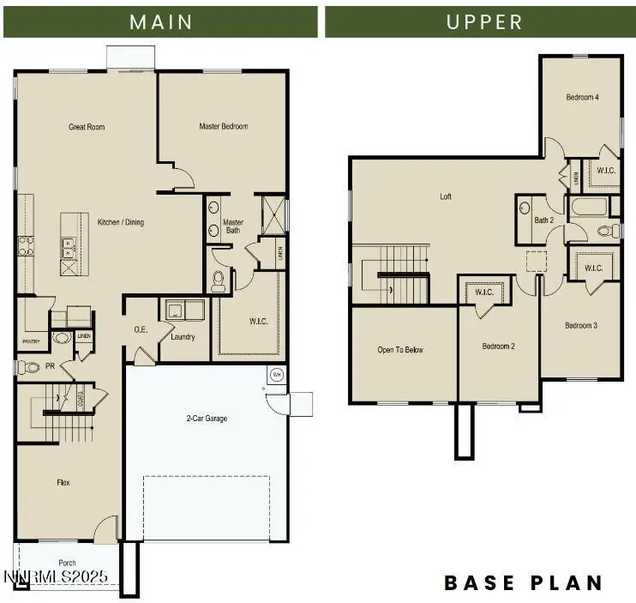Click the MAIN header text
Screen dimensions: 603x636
click(x=160, y=21)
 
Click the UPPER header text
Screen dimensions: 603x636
click(x=484, y=21)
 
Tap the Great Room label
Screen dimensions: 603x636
click(x=87, y=127)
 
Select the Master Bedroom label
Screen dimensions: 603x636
click(x=223, y=126)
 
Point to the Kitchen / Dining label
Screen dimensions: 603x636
click(x=120, y=222)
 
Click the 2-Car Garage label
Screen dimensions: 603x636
click(x=207, y=419)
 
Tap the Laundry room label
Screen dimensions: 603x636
click(x=183, y=337)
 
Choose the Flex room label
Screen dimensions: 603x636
click(x=63, y=483)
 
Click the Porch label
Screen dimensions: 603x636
click(x=67, y=564)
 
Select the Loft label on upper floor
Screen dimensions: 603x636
click(x=446, y=196)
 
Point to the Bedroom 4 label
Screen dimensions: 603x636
click(x=582, y=97)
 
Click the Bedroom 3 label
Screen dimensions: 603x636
click(x=580, y=325)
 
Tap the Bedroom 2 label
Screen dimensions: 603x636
click(x=498, y=346)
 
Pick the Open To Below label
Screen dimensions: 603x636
click(x=400, y=349)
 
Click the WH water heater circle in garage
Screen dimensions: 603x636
click(x=276, y=375)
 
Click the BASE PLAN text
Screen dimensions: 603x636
click(x=523, y=583)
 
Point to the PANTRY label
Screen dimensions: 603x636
click(x=31, y=341)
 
